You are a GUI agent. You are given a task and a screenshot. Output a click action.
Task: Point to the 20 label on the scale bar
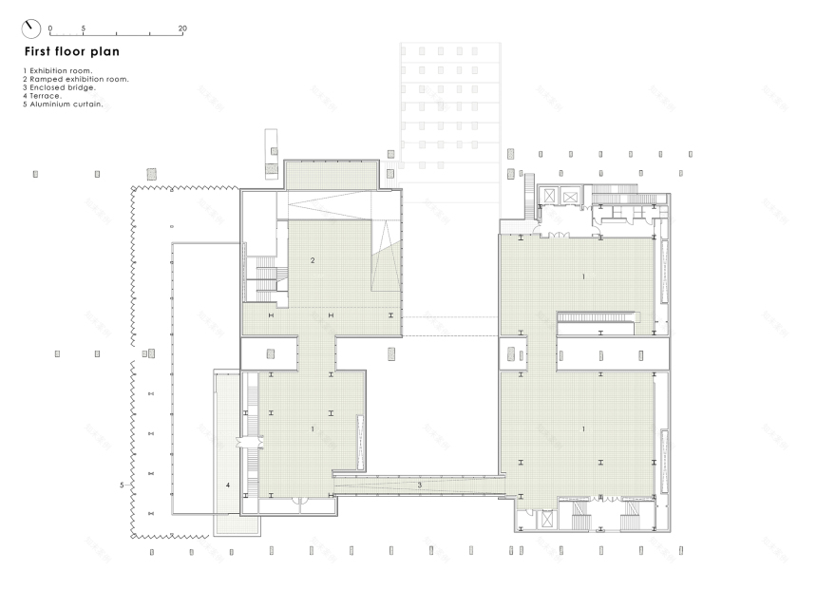pyautogui.click(x=182, y=29)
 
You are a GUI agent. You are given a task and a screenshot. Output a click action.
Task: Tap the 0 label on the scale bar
pyautogui.click(x=50, y=29)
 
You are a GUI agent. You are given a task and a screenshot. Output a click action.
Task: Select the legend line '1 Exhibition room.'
pyautogui.click(x=58, y=71)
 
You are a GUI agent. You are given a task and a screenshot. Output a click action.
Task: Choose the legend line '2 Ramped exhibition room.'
pyautogui.click(x=75, y=79)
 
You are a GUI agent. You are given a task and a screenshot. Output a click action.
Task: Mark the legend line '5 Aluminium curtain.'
pyautogui.click(x=63, y=104)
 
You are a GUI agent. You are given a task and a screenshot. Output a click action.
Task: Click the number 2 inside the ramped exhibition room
pyautogui.click(x=313, y=259)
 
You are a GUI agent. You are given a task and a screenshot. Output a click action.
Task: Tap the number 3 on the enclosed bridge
pyautogui.click(x=420, y=485)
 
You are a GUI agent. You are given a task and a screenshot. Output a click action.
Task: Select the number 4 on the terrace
pyautogui.click(x=228, y=485)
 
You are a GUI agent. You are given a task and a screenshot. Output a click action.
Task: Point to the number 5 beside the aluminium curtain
pyautogui.click(x=122, y=485)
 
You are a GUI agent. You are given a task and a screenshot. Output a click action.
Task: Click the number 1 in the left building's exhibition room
pyautogui.click(x=312, y=429)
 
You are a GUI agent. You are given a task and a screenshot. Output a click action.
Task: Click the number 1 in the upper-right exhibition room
pyautogui.click(x=583, y=276)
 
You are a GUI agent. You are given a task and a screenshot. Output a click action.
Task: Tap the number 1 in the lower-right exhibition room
pyautogui.click(x=583, y=429)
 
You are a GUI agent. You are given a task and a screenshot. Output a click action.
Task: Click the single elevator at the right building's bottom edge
pyautogui.click(x=546, y=520)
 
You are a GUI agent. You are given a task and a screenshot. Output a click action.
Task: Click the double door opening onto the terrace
pyautogui.click(x=250, y=442)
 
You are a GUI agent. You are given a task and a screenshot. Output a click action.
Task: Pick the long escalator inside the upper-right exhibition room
pyautogui.click(x=595, y=316)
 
